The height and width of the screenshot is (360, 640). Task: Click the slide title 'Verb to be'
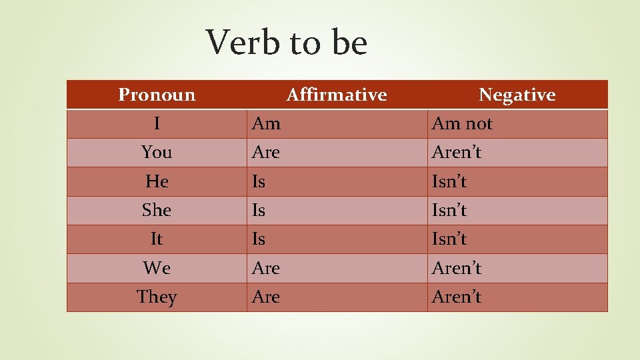pyautogui.click(x=287, y=42)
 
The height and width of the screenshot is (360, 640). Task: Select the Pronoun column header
pyautogui.click(x=157, y=95)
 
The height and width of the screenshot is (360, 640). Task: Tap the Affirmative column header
pyautogui.click(x=337, y=95)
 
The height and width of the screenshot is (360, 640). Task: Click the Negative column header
pyautogui.click(x=517, y=95)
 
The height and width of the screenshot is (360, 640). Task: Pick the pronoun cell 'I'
pyautogui.click(x=157, y=123)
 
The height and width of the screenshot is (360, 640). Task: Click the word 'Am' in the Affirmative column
pyautogui.click(x=266, y=123)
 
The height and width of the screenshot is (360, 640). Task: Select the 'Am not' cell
pyautogui.click(x=462, y=123)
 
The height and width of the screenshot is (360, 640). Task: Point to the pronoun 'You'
pyautogui.click(x=157, y=152)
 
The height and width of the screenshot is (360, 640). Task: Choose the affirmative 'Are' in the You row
pyautogui.click(x=266, y=152)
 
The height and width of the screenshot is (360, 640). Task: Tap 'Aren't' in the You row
pyautogui.click(x=456, y=152)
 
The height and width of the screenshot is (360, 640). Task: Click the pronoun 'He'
pyautogui.click(x=157, y=181)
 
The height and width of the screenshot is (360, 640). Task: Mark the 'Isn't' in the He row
pyautogui.click(x=449, y=181)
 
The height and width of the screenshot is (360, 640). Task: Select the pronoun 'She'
pyautogui.click(x=157, y=210)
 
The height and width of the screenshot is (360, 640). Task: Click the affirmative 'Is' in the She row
pyautogui.click(x=259, y=210)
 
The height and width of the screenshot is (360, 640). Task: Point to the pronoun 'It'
pyautogui.click(x=157, y=239)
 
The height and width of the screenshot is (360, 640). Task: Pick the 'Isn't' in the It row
pyautogui.click(x=449, y=239)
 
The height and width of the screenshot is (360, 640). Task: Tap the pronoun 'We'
pyautogui.click(x=157, y=268)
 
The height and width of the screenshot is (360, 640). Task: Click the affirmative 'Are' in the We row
pyautogui.click(x=266, y=268)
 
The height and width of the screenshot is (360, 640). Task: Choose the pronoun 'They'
pyautogui.click(x=157, y=297)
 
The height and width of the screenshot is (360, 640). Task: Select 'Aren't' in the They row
pyautogui.click(x=456, y=297)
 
